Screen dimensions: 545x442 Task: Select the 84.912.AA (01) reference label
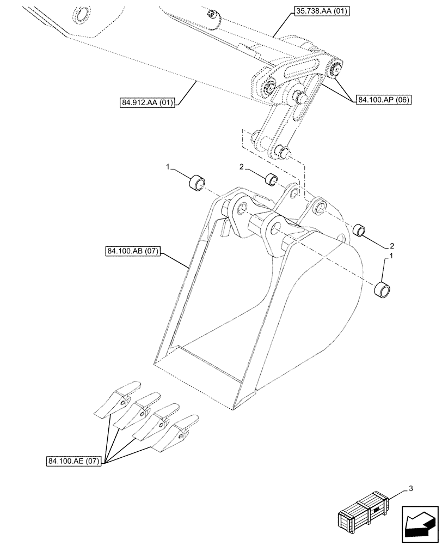point(146,102)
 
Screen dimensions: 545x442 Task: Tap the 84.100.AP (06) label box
point(384,100)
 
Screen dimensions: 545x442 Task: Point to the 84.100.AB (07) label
point(130,251)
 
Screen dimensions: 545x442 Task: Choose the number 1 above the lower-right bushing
point(389,255)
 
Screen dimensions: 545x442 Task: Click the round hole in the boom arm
point(83,15)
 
